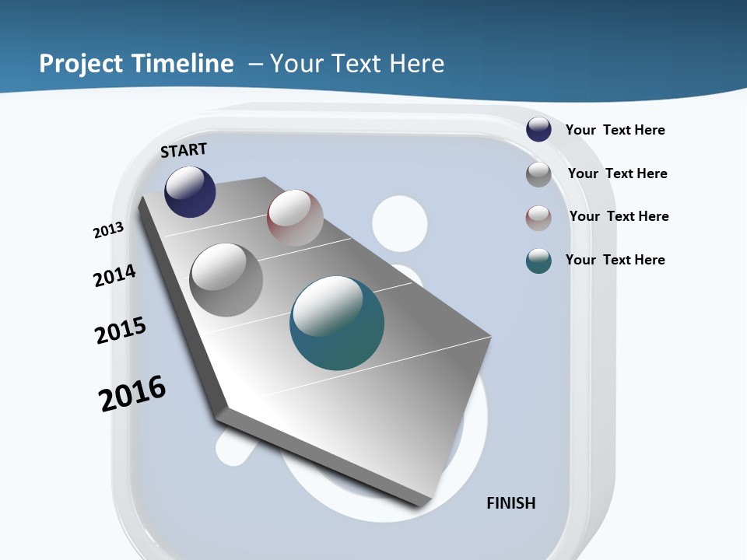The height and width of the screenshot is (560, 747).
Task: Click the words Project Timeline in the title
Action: (x=136, y=64)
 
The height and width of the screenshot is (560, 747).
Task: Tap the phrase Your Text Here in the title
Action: (x=357, y=64)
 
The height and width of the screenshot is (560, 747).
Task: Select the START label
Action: (x=184, y=150)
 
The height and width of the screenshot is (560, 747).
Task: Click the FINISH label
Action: (x=511, y=503)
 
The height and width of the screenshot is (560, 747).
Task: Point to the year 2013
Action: (x=108, y=230)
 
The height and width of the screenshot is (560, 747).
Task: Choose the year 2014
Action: (x=114, y=275)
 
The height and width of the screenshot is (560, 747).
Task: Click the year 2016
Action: (x=132, y=393)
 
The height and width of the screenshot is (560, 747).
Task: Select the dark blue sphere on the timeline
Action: (x=190, y=191)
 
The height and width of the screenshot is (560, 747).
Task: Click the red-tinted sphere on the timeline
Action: (x=295, y=217)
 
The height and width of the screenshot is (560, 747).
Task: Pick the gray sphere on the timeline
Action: (x=226, y=279)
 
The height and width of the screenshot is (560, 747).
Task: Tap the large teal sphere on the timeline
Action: (x=337, y=323)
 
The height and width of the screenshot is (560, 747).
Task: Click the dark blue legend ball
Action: (x=538, y=129)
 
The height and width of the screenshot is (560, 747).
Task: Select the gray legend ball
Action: (x=538, y=174)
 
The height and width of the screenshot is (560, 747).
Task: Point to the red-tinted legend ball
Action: (x=538, y=218)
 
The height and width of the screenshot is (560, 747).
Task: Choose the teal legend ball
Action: (x=538, y=261)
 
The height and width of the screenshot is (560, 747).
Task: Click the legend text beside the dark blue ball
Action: (x=615, y=130)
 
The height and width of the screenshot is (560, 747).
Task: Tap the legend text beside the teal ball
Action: (x=615, y=260)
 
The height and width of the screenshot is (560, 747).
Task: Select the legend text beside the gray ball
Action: (x=618, y=173)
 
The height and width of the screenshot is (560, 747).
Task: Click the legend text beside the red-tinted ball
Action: (x=619, y=216)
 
